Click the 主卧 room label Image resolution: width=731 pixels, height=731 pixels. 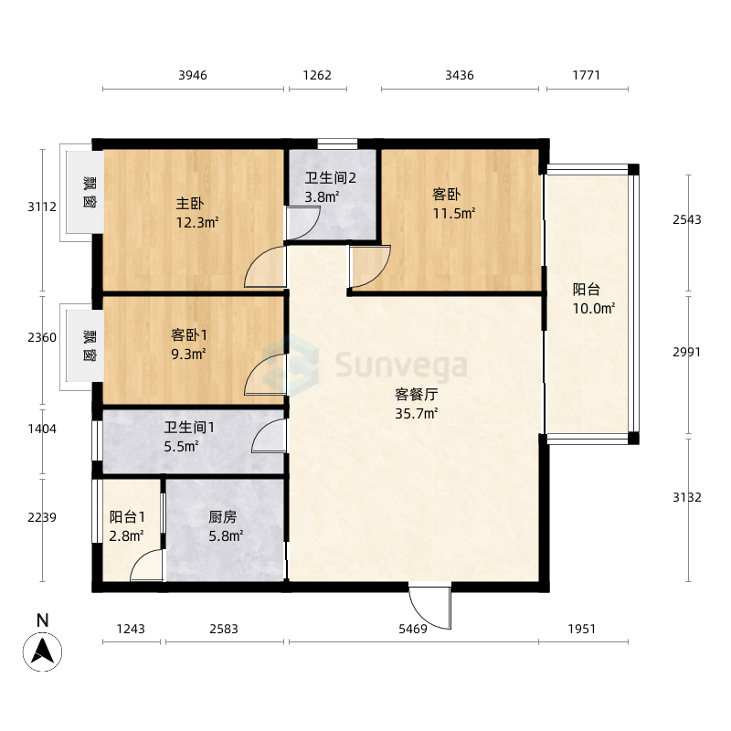tap(190, 203)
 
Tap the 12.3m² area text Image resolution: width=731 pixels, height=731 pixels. tap(197, 223)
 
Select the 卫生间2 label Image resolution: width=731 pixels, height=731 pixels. tap(331, 177)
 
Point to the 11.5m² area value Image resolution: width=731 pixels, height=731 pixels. tap(454, 214)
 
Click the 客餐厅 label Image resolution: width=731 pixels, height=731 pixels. tap(417, 395)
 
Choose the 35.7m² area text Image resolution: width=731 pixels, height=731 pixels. tap(417, 414)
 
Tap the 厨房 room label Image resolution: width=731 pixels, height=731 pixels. tap(223, 516)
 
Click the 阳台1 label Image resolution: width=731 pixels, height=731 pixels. tap(127, 516)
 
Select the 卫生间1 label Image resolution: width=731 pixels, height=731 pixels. tap(189, 427)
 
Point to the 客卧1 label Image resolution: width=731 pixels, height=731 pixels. tap(189, 334)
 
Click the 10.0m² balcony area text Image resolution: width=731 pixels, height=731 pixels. tap(594, 309)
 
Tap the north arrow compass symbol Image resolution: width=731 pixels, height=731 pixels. tap(42, 652)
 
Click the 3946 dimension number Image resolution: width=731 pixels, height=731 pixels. tap(193, 75)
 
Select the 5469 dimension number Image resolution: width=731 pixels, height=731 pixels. tap(413, 629)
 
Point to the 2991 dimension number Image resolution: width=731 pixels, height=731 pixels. tap(687, 352)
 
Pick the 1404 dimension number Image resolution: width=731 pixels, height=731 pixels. tap(42, 429)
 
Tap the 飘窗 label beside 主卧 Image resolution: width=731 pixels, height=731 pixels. tap(90, 192)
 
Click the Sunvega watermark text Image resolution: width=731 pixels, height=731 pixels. tap(401, 365)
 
